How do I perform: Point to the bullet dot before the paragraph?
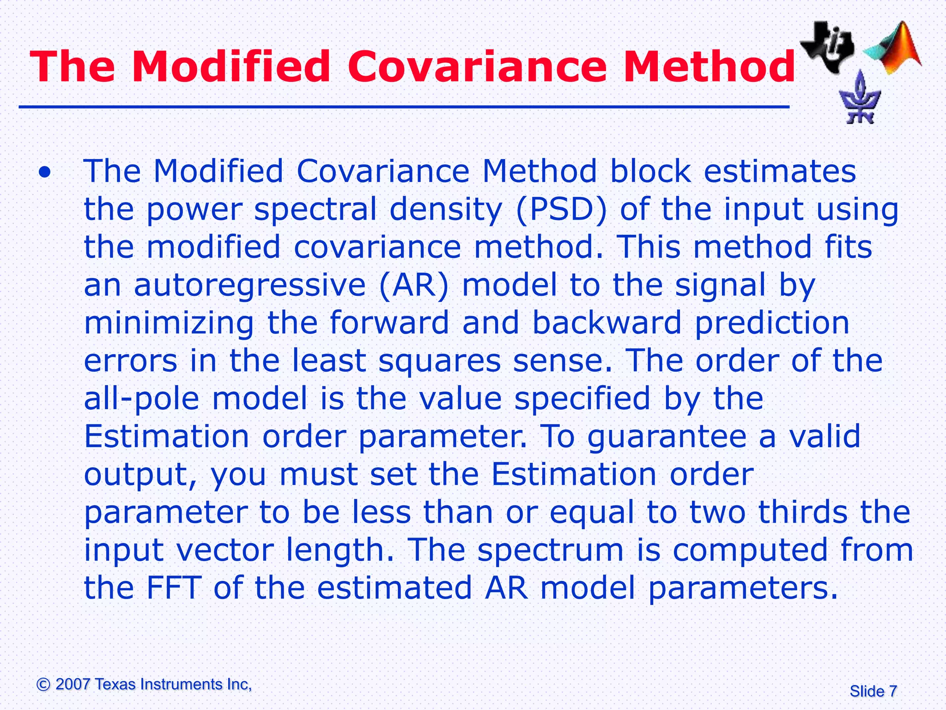(45, 173)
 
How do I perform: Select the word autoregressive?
(249, 285)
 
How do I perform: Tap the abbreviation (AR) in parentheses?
(413, 285)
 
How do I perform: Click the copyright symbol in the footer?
(43, 685)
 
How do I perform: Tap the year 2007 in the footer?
(73, 685)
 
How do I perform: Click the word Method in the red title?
(709, 67)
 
